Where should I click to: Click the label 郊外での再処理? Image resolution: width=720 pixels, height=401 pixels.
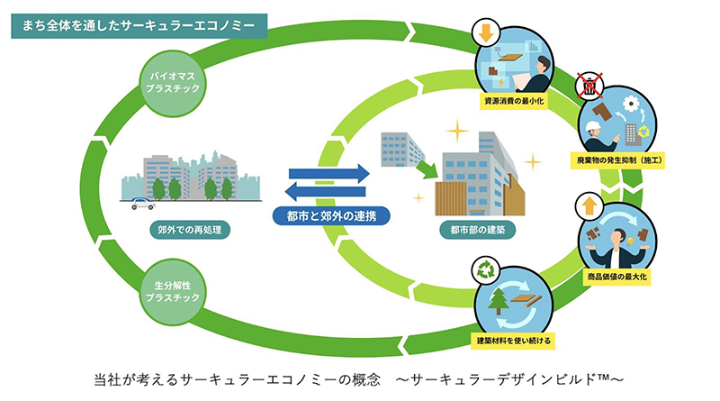pyautogui.click(x=190, y=230)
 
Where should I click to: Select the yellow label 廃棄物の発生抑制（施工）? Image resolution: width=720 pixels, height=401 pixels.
pyautogui.click(x=621, y=159)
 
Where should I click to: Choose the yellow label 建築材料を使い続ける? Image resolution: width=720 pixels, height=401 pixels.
pyautogui.click(x=514, y=341)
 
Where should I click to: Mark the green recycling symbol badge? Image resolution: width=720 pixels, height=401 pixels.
pyautogui.click(x=485, y=268)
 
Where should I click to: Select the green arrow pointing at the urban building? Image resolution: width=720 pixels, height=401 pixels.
pyautogui.click(x=426, y=167)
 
